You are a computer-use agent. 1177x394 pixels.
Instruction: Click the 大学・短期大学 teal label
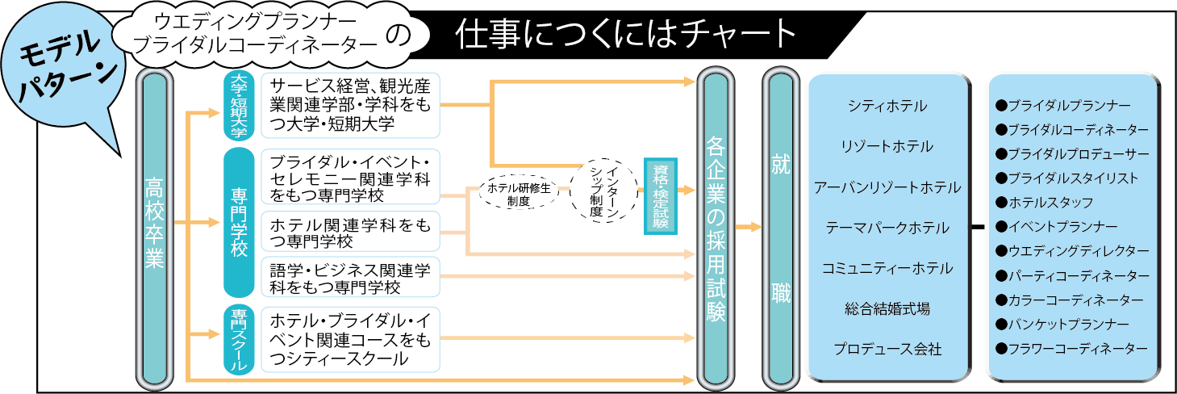click(238, 105)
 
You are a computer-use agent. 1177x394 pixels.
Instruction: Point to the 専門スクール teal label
click(239, 339)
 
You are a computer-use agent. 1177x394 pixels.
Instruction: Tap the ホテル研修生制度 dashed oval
click(519, 194)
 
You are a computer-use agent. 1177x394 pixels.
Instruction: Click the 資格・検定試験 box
click(660, 195)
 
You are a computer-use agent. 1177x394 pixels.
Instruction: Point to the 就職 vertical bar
click(780, 227)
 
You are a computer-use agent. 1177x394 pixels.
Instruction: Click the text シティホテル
click(887, 106)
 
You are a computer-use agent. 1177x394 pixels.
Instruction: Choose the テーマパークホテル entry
click(887, 228)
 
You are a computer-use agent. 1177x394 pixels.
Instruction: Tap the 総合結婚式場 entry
click(887, 308)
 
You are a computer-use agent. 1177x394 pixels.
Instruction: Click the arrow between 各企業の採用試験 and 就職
click(748, 227)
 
